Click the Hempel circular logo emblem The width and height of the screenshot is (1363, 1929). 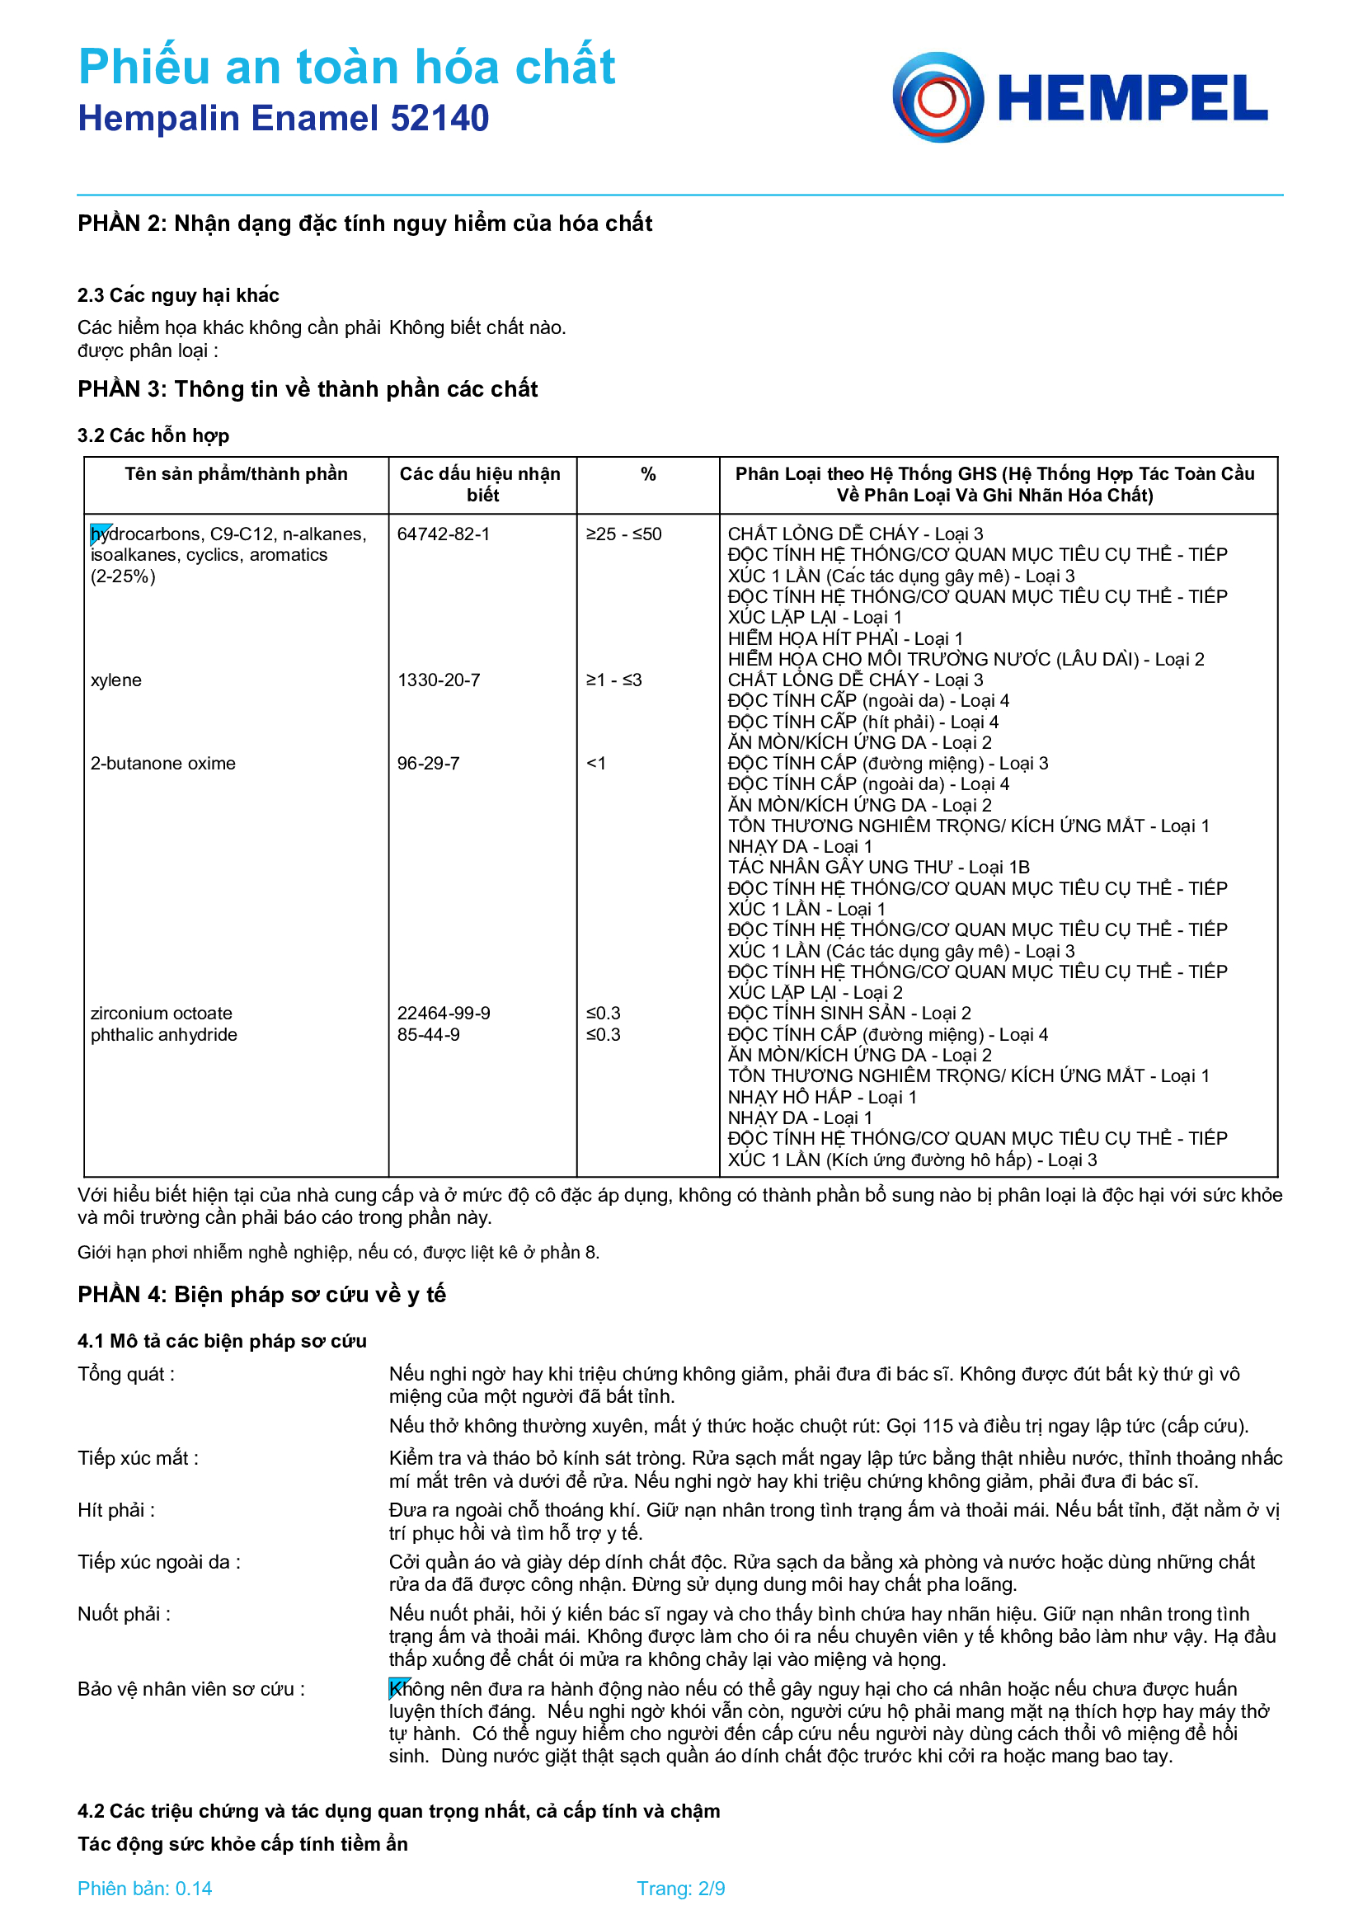click(938, 97)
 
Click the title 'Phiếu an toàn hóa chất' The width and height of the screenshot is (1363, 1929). click(347, 66)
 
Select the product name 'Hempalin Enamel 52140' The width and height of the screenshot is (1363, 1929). click(283, 119)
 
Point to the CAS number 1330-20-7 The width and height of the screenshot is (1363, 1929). click(439, 680)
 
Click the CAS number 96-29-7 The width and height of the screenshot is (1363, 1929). click(428, 764)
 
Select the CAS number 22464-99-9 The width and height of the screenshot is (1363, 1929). click(444, 1014)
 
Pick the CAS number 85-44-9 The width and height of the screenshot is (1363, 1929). click(428, 1034)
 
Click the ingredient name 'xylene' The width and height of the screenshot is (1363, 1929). click(116, 680)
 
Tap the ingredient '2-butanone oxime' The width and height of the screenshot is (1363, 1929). click(163, 764)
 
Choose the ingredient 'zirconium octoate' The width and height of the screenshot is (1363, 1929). click(162, 1014)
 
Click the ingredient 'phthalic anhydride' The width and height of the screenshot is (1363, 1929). click(164, 1034)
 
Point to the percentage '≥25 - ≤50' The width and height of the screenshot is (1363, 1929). click(624, 534)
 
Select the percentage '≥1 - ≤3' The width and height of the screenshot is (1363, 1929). click(614, 680)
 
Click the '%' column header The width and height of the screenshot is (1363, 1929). click(648, 475)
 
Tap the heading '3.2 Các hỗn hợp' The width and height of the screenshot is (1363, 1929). click(153, 435)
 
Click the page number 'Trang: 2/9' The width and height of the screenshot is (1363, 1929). click(681, 1889)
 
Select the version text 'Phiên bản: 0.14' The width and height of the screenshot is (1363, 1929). click(144, 1889)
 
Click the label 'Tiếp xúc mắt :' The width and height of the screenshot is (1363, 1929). click(138, 1457)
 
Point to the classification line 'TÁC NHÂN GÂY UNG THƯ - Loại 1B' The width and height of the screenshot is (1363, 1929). click(878, 867)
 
